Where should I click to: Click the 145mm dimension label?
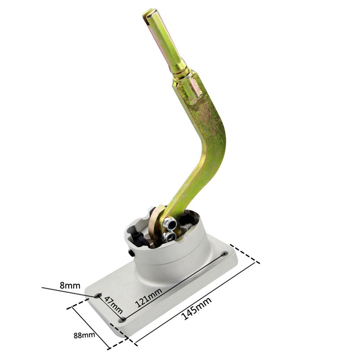tap(197, 310)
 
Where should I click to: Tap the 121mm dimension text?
tap(148, 297)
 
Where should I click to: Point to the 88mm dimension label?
tap(85, 335)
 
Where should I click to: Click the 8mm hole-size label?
tap(70, 285)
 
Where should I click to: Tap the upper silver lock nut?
tap(169, 222)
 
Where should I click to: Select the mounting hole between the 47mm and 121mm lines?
tap(123, 319)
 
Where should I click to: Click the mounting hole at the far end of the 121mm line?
tap(224, 254)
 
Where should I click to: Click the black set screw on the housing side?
tap(130, 254)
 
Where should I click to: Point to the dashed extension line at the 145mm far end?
tap(246, 254)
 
